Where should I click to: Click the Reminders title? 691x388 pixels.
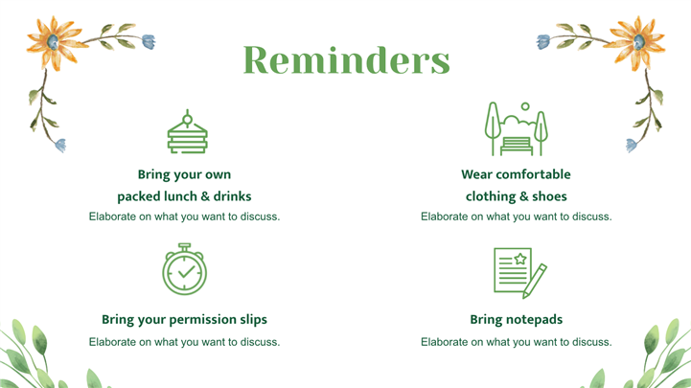coord(347,60)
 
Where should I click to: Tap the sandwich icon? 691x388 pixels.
coord(187,131)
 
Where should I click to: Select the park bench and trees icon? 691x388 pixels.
coord(516,128)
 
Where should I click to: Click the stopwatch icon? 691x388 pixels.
coord(184,269)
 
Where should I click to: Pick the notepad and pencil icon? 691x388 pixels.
coord(520,273)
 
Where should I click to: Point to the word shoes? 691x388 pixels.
coord(549,196)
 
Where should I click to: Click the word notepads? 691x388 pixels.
coord(534,320)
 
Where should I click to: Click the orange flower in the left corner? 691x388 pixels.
coord(54,42)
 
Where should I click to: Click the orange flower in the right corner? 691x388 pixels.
coord(637,42)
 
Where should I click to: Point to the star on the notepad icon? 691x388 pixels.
coord(520,259)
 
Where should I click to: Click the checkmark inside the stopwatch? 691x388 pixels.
coord(187,271)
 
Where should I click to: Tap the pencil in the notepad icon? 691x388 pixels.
coord(535,282)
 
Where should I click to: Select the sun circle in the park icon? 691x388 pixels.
coord(525,106)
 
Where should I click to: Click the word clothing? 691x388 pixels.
coord(484,196)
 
